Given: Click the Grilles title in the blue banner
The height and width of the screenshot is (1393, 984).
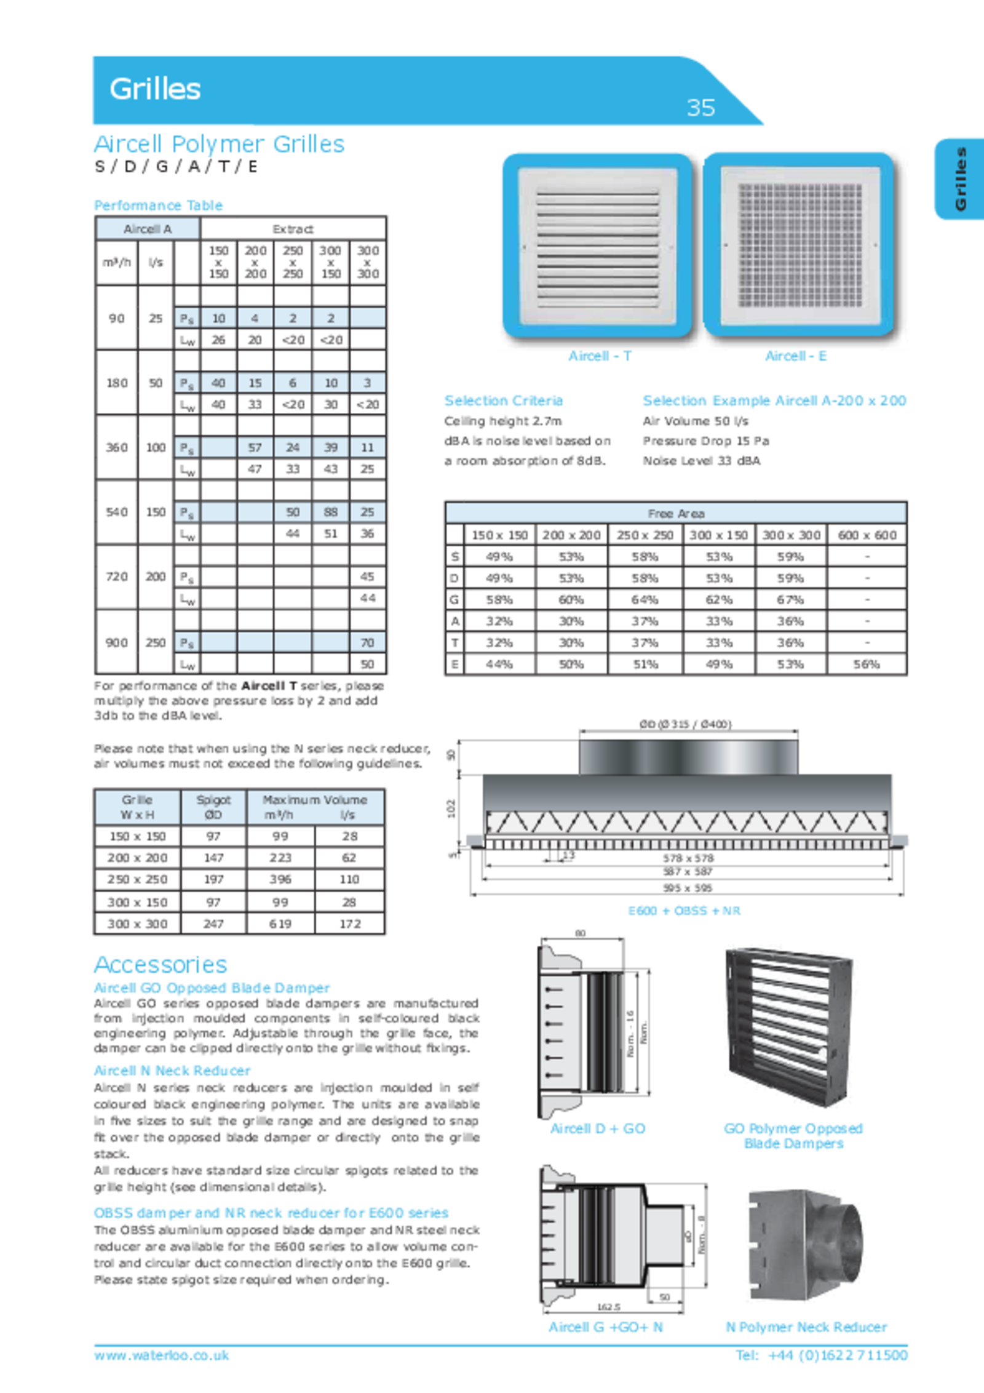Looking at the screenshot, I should (x=155, y=89).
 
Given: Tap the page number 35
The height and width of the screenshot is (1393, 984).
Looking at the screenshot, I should (x=700, y=108).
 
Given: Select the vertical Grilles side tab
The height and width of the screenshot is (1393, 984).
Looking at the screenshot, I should (x=960, y=178).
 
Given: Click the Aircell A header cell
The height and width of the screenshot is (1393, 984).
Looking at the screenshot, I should (x=148, y=229).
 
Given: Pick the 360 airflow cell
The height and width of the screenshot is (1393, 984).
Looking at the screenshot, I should (x=116, y=447).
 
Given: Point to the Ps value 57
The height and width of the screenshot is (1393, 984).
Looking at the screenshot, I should (x=255, y=447).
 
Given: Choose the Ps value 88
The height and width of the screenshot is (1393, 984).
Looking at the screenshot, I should (x=330, y=512).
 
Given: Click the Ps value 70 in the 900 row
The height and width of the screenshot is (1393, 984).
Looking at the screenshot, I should (x=367, y=642).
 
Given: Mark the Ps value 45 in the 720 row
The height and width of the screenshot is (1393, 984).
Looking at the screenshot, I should (x=367, y=577).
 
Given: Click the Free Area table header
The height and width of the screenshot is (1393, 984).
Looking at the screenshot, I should (x=675, y=513).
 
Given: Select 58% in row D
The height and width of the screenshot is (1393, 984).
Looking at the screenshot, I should (x=645, y=578).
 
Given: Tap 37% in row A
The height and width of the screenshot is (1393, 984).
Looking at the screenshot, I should (x=645, y=621).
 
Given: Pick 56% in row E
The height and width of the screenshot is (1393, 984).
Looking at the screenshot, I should (x=866, y=665).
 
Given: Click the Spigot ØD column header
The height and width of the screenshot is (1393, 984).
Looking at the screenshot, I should (x=213, y=807).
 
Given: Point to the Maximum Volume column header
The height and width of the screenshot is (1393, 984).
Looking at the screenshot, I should (x=315, y=807).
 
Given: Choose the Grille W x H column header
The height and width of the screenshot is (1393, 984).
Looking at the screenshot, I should (x=137, y=807).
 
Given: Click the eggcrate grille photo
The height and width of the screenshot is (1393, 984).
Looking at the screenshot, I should (x=798, y=246).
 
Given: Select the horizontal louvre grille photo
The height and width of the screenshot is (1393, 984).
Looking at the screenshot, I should (x=597, y=246).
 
